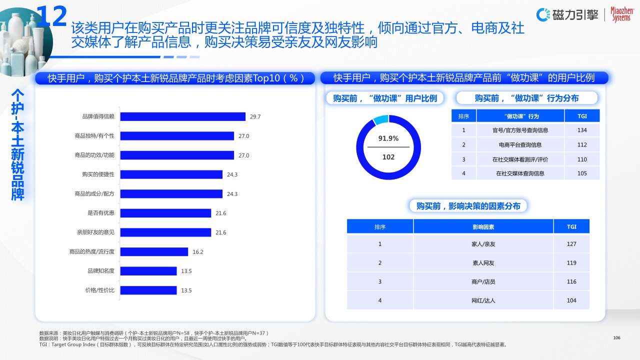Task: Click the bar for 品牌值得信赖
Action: pyautogui.click(x=183, y=116)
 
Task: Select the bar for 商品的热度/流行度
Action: pyautogui.click(x=154, y=252)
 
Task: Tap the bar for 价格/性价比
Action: pyautogui.click(x=149, y=290)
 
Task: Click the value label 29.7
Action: pyautogui.click(x=255, y=117)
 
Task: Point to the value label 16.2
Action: pyautogui.click(x=198, y=252)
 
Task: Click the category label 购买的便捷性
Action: pyautogui.click(x=98, y=174)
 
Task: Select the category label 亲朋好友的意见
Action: pyautogui.click(x=95, y=232)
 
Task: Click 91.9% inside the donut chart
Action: pyautogui.click(x=388, y=138)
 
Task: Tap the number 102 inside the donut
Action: pyautogui.click(x=388, y=157)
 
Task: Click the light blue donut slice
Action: pyautogui.click(x=381, y=119)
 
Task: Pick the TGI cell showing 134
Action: pyautogui.click(x=582, y=130)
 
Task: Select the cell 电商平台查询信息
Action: pyautogui.click(x=520, y=145)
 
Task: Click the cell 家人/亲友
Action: pyautogui.click(x=483, y=244)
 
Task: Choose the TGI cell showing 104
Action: pyautogui.click(x=571, y=300)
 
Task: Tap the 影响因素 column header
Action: pyautogui.click(x=483, y=227)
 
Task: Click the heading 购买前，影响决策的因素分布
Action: pyautogui.click(x=468, y=206)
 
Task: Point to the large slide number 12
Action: pyautogui.click(x=52, y=16)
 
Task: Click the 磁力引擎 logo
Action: pyautogui.click(x=567, y=15)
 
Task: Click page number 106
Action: pyautogui.click(x=616, y=338)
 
